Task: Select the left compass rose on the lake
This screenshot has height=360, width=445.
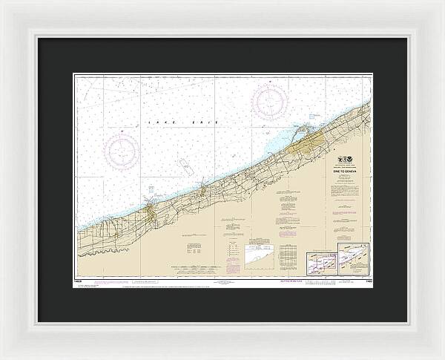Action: [x=122, y=149]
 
